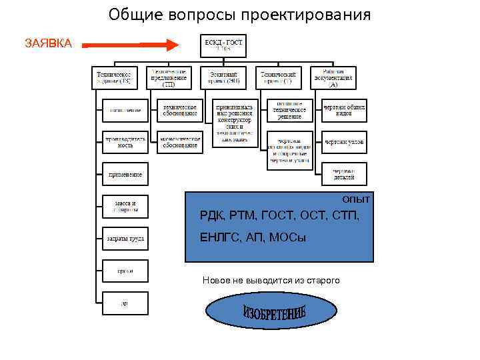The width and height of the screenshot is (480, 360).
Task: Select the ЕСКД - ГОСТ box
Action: (223, 45)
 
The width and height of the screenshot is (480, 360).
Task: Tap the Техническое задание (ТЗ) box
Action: (115, 77)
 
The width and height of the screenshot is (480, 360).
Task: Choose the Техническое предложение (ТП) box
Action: (169, 77)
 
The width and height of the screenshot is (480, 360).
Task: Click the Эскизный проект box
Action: (223, 77)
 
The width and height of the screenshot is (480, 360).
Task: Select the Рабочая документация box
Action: (333, 77)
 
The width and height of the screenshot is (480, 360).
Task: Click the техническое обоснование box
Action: (179, 110)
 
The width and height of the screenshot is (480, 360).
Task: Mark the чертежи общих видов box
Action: (344, 110)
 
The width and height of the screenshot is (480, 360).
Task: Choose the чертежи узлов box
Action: (344, 142)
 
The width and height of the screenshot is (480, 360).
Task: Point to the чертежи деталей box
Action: (344, 174)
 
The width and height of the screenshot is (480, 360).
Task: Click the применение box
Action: (125, 174)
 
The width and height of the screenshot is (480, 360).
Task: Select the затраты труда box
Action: (125, 238)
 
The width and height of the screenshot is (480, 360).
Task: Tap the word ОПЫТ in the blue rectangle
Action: (356, 199)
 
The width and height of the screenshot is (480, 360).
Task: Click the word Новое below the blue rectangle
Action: (215, 281)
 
